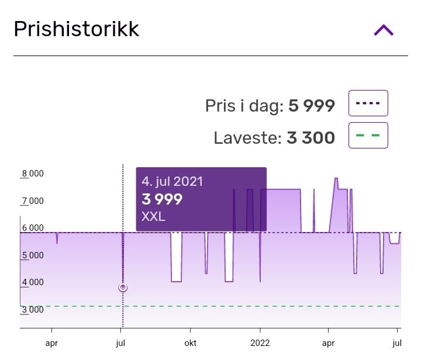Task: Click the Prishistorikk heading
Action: tap(77, 29)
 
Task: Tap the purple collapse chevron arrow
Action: tap(384, 30)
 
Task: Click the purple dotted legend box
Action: tap(368, 103)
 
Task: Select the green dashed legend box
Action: tap(368, 136)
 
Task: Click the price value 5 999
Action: tap(312, 106)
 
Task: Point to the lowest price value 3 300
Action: tap(310, 138)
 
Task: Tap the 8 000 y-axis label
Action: tap(32, 174)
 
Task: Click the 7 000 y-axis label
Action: tap(32, 201)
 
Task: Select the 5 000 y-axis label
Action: tap(32, 255)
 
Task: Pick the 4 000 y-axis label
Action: tap(32, 283)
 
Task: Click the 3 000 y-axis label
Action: tap(32, 310)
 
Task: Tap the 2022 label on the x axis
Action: tap(260, 343)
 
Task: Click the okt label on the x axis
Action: tap(189, 343)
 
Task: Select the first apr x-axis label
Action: tap(52, 343)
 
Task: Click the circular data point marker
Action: tap(123, 288)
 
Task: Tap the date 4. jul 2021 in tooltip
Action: tap(172, 181)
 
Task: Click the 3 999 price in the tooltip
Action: tap(162, 199)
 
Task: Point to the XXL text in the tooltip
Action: tap(153, 217)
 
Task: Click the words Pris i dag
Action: tap(244, 106)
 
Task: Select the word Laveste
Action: tap(248, 138)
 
